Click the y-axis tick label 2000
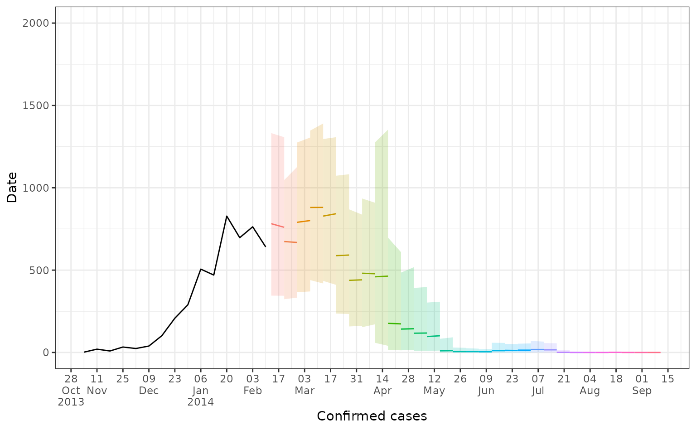click(36, 23)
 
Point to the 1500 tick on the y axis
click(36, 106)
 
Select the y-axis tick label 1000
click(36, 188)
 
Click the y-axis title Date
click(12, 188)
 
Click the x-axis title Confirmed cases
click(372, 416)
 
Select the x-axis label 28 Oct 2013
click(71, 390)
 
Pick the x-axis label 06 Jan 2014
click(201, 390)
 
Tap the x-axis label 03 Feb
click(252, 385)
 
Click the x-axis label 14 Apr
click(382, 385)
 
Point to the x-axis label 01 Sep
click(642, 385)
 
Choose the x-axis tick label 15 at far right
click(668, 379)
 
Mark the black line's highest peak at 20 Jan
click(227, 216)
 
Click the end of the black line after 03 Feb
click(266, 246)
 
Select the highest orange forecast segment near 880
click(316, 208)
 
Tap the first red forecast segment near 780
click(277, 225)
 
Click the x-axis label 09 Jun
click(486, 385)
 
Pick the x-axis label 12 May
click(434, 385)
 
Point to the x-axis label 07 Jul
click(538, 385)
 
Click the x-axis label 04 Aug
click(590, 385)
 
